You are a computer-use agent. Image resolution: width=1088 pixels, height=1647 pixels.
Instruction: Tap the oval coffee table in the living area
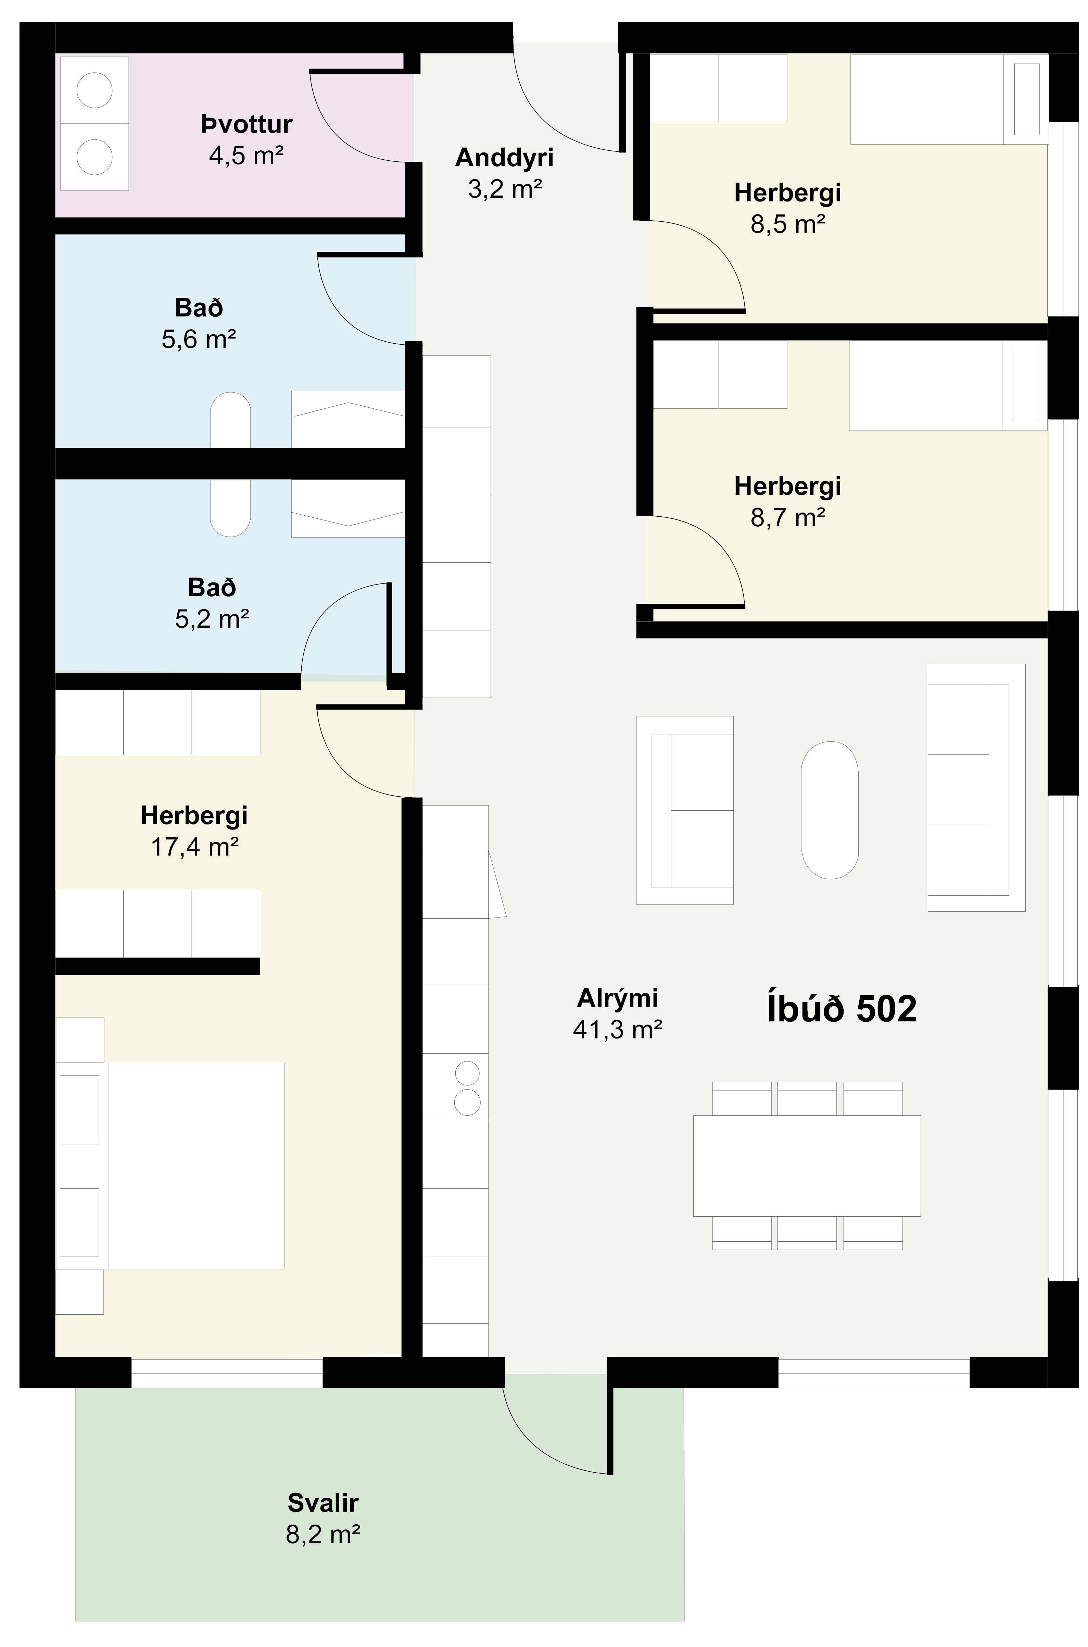(830, 810)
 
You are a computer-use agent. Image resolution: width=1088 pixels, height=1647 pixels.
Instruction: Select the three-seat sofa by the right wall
(976, 787)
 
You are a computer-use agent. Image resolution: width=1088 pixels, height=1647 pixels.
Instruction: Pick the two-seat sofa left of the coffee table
(685, 810)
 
